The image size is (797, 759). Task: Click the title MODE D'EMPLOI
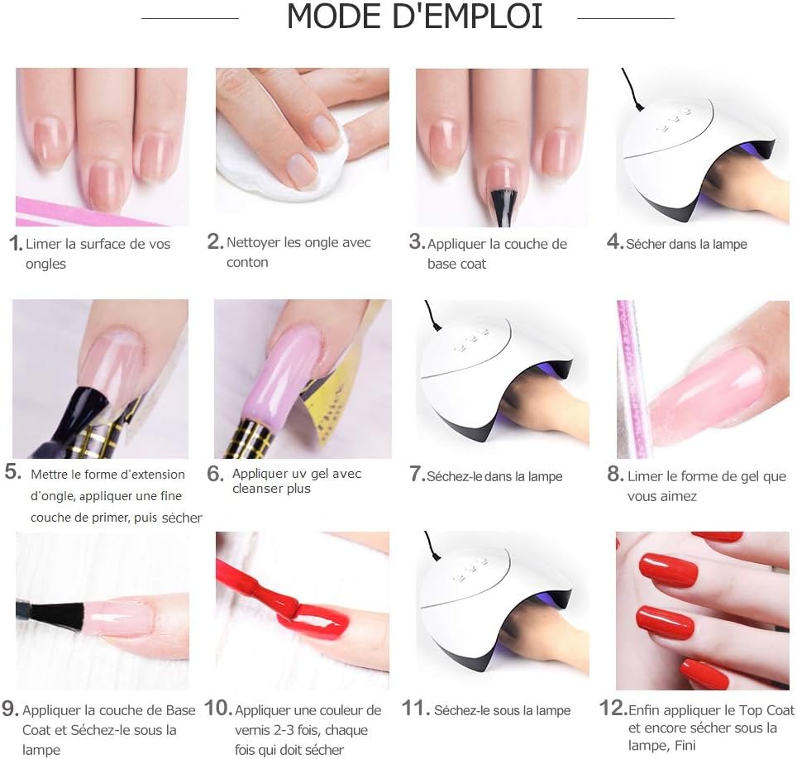click(x=414, y=17)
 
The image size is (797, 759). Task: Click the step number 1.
click(x=14, y=243)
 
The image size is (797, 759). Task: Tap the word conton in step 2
click(x=247, y=263)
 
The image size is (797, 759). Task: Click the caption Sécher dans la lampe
click(x=686, y=244)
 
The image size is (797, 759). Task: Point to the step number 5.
click(x=12, y=472)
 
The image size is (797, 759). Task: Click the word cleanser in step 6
click(x=259, y=489)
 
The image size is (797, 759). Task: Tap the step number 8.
click(x=614, y=475)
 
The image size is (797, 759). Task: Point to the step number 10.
click(x=218, y=709)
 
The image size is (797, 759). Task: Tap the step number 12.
click(x=612, y=709)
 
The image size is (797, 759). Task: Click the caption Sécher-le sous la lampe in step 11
click(x=502, y=710)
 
